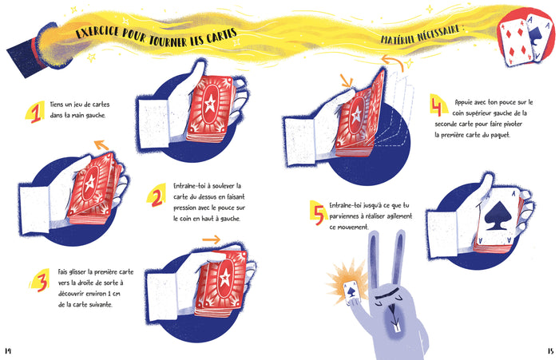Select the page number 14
(x=9, y=350)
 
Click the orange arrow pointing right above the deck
(x=211, y=239)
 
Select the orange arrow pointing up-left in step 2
(x=100, y=144)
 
